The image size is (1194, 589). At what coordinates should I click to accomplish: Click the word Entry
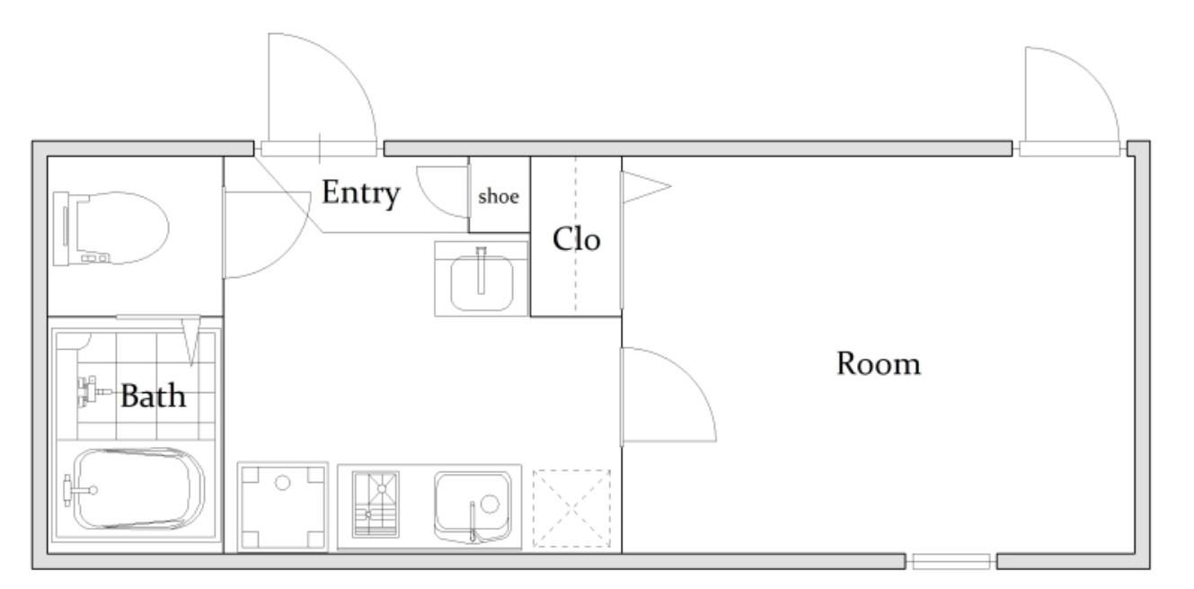[361, 193]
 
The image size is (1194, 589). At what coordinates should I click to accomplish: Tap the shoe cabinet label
[499, 197]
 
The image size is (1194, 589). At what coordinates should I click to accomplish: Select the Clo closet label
[576, 239]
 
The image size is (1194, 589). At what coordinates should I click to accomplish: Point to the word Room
[879, 364]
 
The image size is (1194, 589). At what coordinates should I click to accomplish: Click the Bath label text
[153, 396]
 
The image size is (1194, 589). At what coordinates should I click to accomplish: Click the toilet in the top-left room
[111, 228]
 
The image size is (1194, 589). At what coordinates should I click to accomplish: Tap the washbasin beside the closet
[482, 279]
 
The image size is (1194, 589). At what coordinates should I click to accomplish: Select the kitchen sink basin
[473, 505]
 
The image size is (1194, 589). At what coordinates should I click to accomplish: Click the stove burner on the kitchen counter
[376, 504]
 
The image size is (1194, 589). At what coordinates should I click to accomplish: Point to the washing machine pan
[282, 505]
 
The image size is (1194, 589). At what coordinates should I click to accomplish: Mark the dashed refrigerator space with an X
[571, 508]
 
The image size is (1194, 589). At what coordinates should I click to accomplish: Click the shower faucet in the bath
[92, 392]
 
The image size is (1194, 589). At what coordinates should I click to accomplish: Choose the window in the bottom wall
[951, 561]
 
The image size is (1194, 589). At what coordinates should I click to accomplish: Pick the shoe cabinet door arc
[427, 200]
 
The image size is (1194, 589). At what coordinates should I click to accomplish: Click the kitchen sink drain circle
[490, 504]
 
